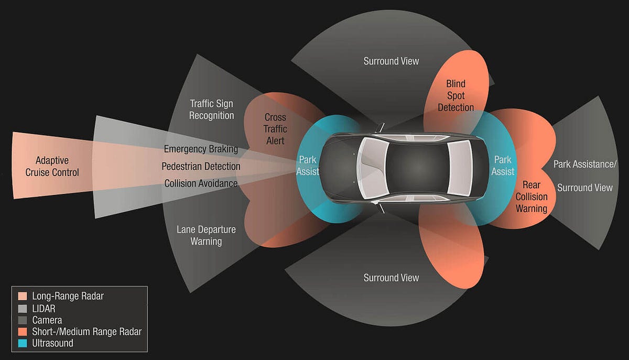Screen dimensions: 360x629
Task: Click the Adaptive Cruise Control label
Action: click(52, 166)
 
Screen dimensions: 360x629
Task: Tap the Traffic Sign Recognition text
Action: click(211, 110)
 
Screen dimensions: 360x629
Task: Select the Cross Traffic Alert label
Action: click(275, 129)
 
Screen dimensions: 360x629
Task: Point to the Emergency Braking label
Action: click(201, 149)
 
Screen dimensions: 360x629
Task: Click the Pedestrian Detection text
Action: click(201, 167)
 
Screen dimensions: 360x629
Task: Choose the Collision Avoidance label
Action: click(201, 183)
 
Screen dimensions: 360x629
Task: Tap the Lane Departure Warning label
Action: click(206, 235)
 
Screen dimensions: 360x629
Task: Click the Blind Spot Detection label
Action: click(456, 95)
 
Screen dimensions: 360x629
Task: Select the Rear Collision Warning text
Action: click(532, 197)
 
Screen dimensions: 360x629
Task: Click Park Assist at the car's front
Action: click(309, 165)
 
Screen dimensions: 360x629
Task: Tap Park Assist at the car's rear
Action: click(503, 165)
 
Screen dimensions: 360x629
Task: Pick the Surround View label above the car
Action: click(391, 61)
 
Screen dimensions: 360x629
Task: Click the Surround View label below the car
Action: click(391, 278)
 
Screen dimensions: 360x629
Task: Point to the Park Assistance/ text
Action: click(585, 165)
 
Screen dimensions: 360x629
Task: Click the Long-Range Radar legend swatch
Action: click(22, 296)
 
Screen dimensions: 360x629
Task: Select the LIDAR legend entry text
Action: click(44, 308)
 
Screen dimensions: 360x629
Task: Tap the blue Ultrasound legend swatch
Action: click(22, 344)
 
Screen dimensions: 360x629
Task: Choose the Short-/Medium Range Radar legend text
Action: click(86, 332)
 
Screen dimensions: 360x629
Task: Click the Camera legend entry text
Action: click(47, 320)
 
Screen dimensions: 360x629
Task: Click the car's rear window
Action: click(460, 168)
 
